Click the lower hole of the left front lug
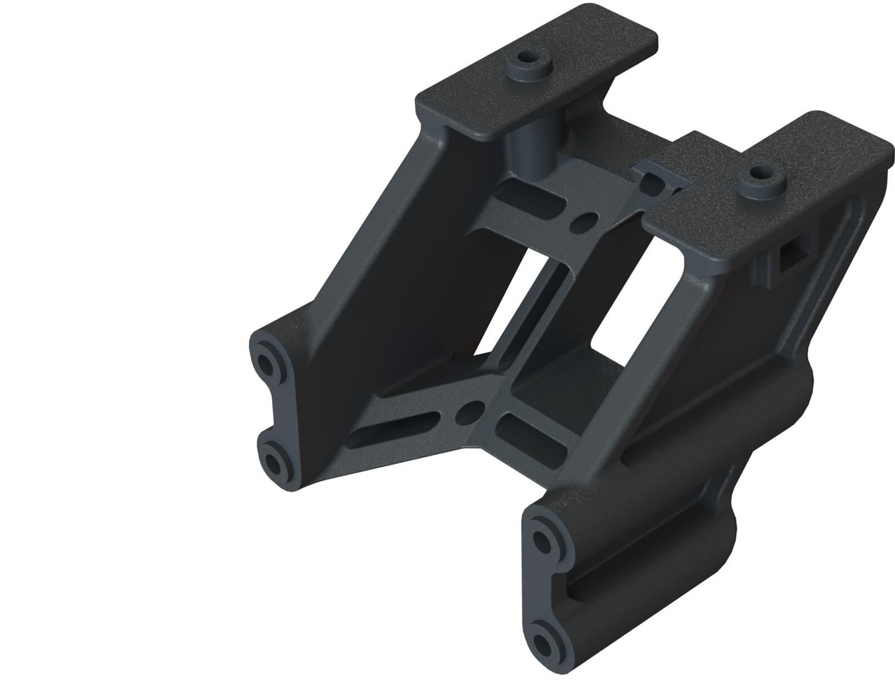point(275,461)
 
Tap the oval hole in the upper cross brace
point(581,222)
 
